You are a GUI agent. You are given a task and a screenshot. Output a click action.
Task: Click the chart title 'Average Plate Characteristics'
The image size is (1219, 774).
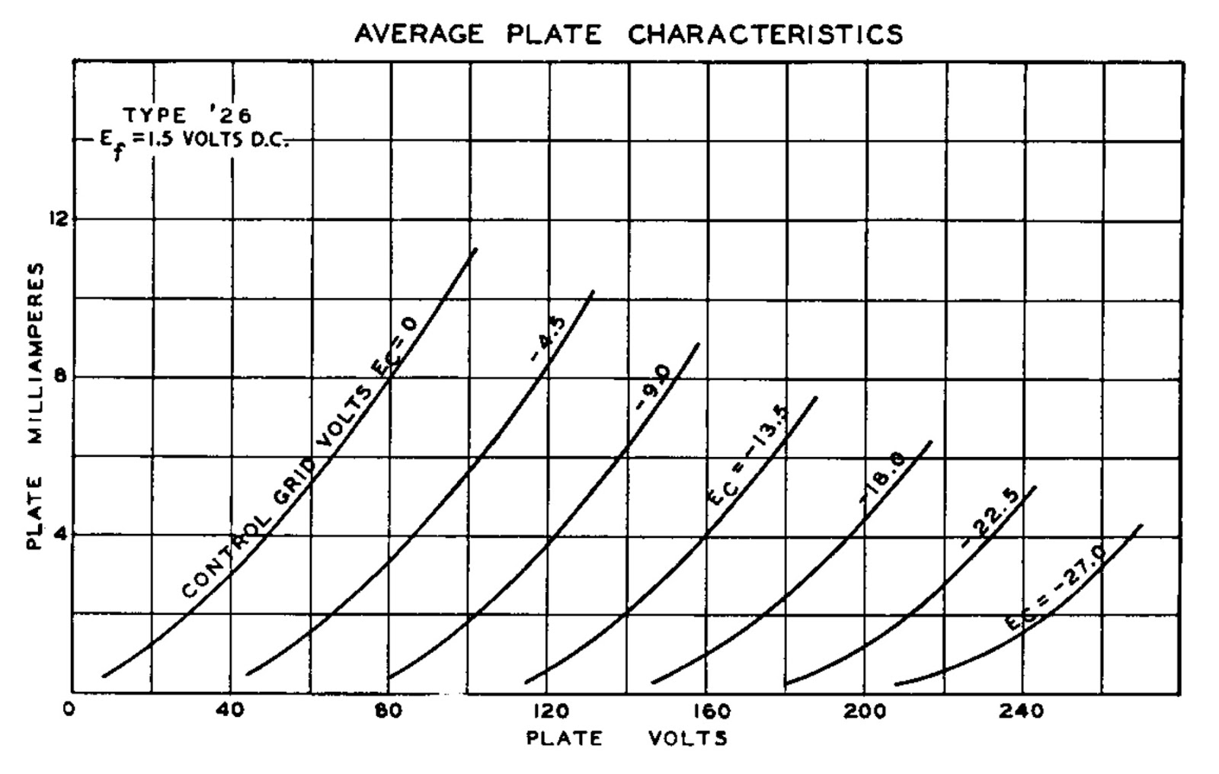(x=629, y=34)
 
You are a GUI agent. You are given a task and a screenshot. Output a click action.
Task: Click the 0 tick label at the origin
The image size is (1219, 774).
(x=70, y=710)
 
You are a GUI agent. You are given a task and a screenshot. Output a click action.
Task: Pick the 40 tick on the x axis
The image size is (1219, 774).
(x=232, y=711)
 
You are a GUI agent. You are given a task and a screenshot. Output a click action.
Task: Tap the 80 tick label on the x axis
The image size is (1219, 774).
(x=389, y=711)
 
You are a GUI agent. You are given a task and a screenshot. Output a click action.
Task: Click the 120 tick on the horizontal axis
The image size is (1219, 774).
(x=549, y=711)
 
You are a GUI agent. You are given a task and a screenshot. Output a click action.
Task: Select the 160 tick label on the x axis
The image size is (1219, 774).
(x=709, y=711)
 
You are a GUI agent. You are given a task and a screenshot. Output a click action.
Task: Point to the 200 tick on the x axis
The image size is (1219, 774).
(x=866, y=711)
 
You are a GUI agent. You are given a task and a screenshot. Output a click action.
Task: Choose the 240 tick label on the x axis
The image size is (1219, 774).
(x=1025, y=711)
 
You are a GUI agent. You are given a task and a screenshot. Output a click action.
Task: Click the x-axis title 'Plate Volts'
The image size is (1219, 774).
(x=626, y=738)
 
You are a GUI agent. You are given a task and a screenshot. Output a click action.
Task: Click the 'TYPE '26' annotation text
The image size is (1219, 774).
(x=187, y=116)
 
